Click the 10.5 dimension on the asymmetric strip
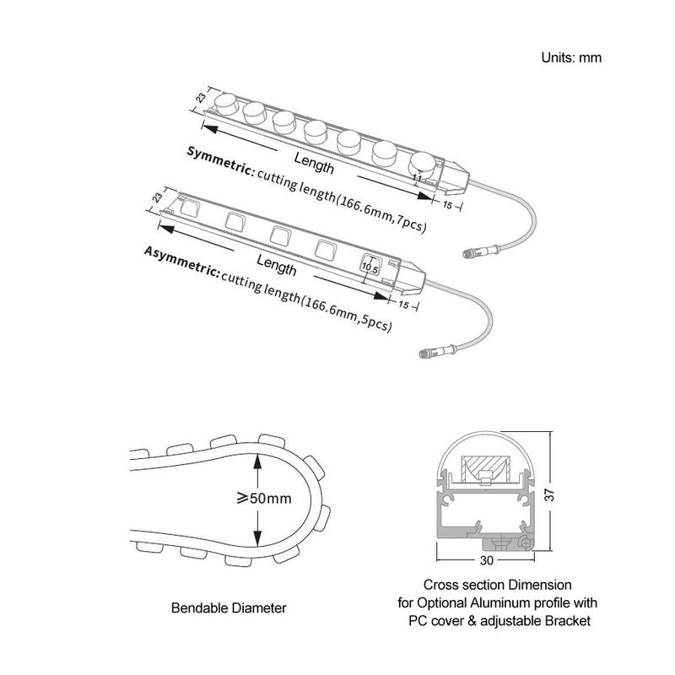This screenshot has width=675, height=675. tap(369, 267)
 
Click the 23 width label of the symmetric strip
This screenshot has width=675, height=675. tap(200, 98)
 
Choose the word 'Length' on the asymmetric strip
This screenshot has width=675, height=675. tap(276, 267)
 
